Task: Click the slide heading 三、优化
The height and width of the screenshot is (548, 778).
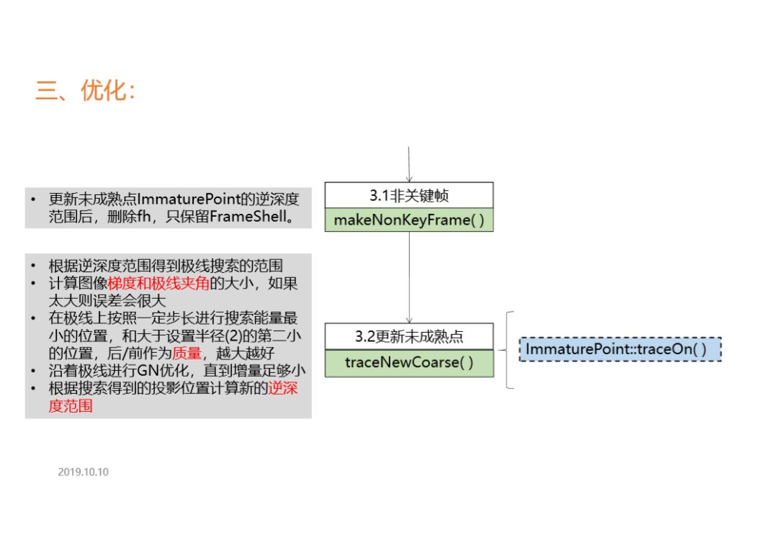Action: point(85,91)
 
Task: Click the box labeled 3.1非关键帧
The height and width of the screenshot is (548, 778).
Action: point(408,194)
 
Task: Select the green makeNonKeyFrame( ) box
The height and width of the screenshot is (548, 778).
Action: point(408,220)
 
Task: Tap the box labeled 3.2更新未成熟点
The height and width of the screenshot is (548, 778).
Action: point(408,336)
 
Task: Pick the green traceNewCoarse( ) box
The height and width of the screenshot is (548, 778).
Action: point(408,362)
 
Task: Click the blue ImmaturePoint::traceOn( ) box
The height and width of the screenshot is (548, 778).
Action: point(620,349)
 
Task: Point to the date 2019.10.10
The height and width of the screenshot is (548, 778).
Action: point(83,472)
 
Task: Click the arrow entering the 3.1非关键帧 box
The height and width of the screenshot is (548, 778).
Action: point(408,165)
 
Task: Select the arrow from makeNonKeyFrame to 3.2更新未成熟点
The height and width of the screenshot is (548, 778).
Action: point(409,277)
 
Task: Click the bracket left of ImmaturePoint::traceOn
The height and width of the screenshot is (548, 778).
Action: point(510,350)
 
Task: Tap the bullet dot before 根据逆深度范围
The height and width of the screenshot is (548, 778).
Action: point(33,266)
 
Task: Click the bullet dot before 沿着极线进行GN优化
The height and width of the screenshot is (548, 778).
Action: point(33,372)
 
